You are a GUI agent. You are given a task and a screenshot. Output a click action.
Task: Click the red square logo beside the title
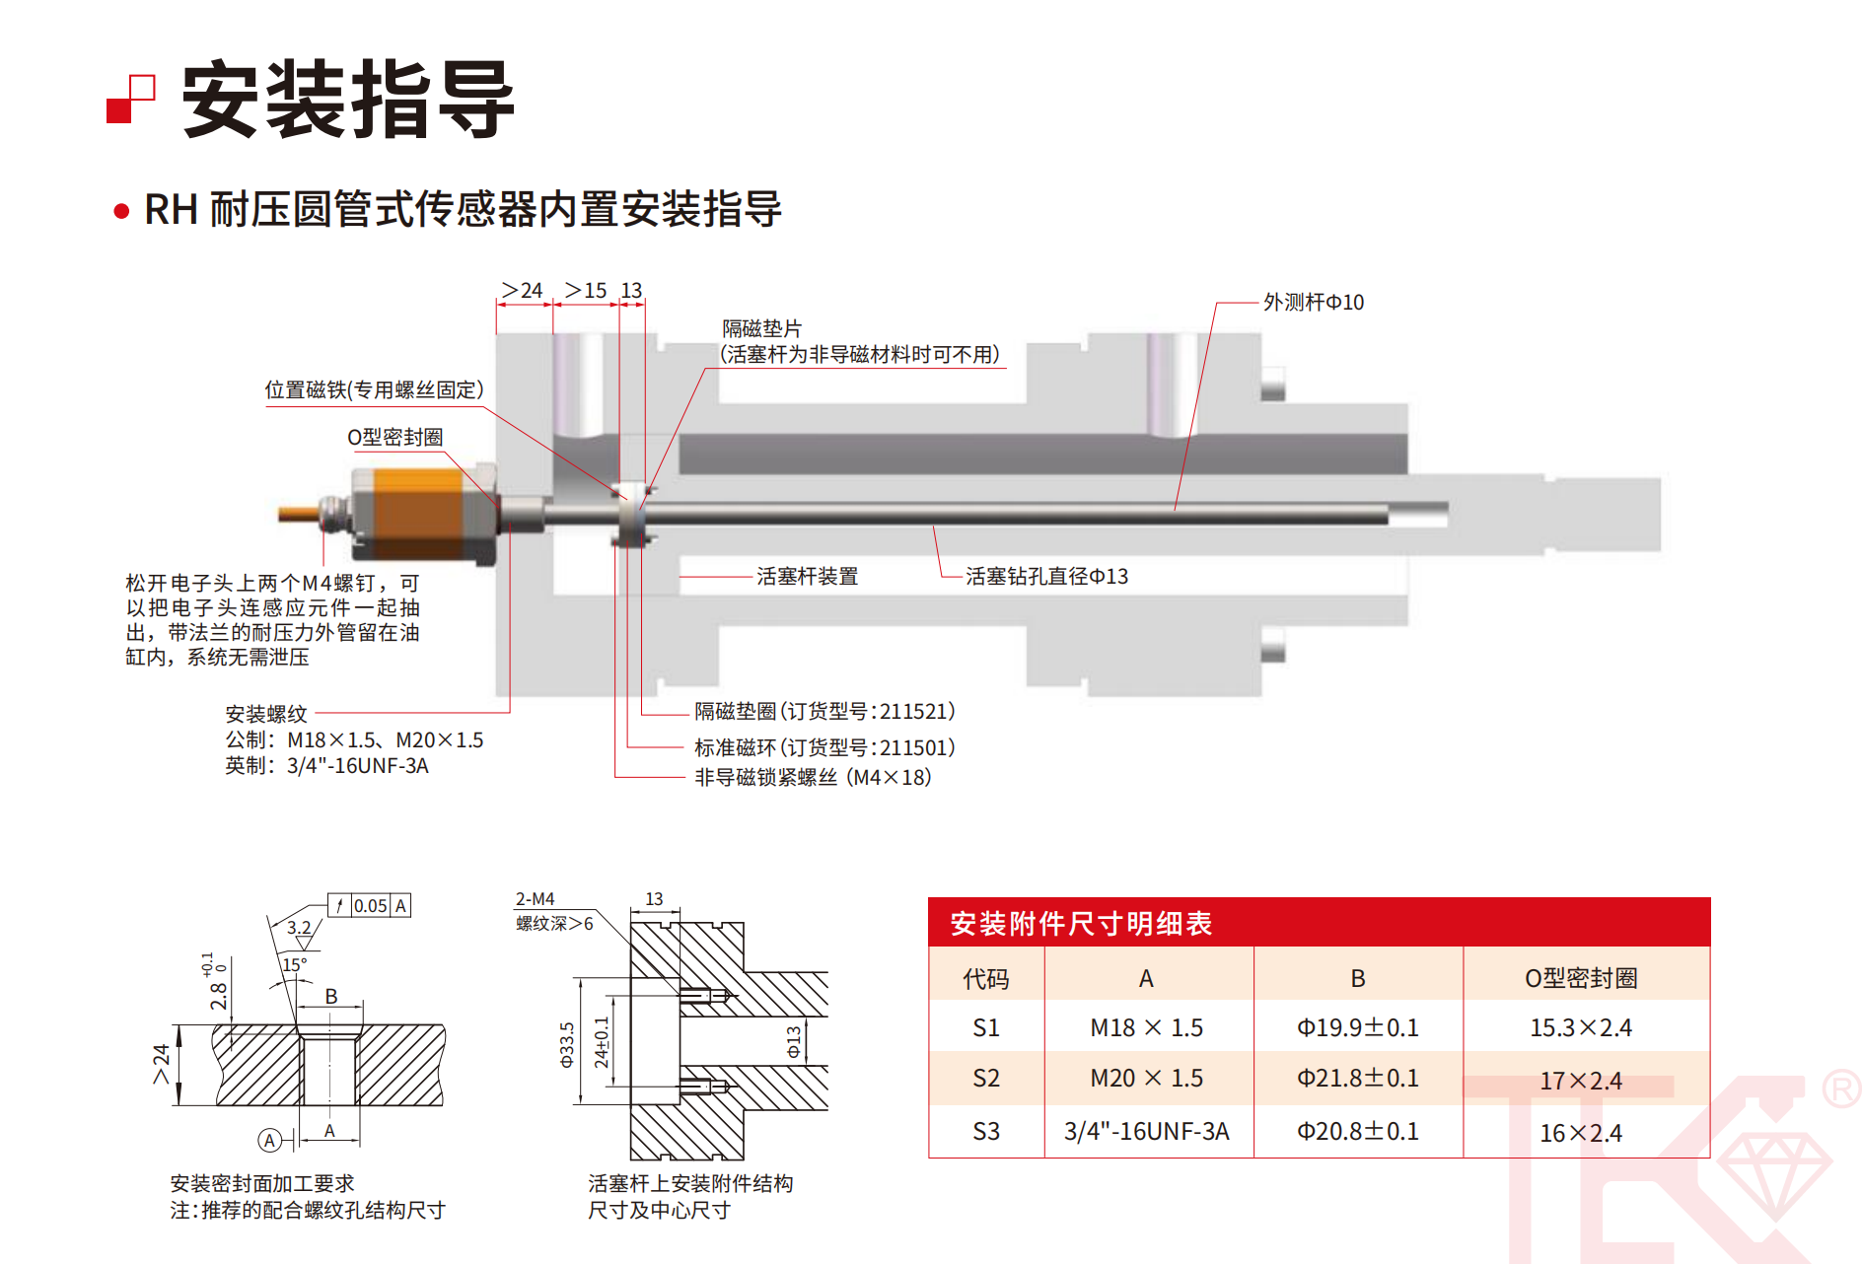(130, 100)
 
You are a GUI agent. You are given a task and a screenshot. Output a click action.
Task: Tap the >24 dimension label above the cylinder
(523, 290)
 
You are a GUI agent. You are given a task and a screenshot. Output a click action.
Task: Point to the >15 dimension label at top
(586, 290)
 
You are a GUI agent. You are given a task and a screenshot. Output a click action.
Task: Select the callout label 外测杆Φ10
(1314, 302)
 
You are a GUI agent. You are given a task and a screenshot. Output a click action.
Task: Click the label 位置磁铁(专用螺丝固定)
(374, 389)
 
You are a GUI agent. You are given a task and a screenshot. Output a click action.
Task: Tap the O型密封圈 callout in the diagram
(394, 437)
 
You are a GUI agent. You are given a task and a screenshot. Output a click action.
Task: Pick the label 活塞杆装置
(807, 576)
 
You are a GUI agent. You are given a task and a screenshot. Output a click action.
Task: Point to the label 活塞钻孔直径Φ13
(1046, 576)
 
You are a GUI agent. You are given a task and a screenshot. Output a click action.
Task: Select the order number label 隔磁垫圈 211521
(824, 711)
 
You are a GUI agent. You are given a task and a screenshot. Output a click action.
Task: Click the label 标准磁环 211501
(824, 747)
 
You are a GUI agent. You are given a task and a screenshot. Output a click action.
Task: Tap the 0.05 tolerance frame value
(370, 905)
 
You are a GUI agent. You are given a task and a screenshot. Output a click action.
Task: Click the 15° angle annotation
(295, 964)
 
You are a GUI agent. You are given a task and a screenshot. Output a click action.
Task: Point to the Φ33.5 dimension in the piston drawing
(567, 1045)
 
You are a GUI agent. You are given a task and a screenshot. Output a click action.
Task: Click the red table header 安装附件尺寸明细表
(1081, 923)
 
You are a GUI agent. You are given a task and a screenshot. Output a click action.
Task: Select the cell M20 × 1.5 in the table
(1146, 1079)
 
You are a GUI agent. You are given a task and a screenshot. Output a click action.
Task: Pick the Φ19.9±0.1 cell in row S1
(1357, 1027)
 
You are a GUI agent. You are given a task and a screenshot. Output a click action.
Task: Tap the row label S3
(986, 1131)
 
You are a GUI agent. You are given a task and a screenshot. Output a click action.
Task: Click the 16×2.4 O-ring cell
(1581, 1133)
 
